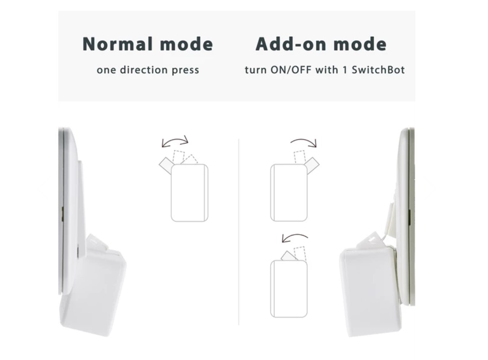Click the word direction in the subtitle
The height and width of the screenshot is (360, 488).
click(x=143, y=70)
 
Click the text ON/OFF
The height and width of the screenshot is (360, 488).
click(x=291, y=70)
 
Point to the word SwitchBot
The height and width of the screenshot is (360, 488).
click(x=378, y=70)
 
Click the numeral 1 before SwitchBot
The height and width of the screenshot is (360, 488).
click(x=345, y=70)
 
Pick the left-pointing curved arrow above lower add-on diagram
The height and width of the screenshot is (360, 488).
click(x=295, y=236)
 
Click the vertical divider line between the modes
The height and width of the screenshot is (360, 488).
click(x=239, y=232)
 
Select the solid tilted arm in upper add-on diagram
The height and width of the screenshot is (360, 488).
click(x=313, y=165)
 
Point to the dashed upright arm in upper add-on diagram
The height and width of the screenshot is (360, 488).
click(x=299, y=157)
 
